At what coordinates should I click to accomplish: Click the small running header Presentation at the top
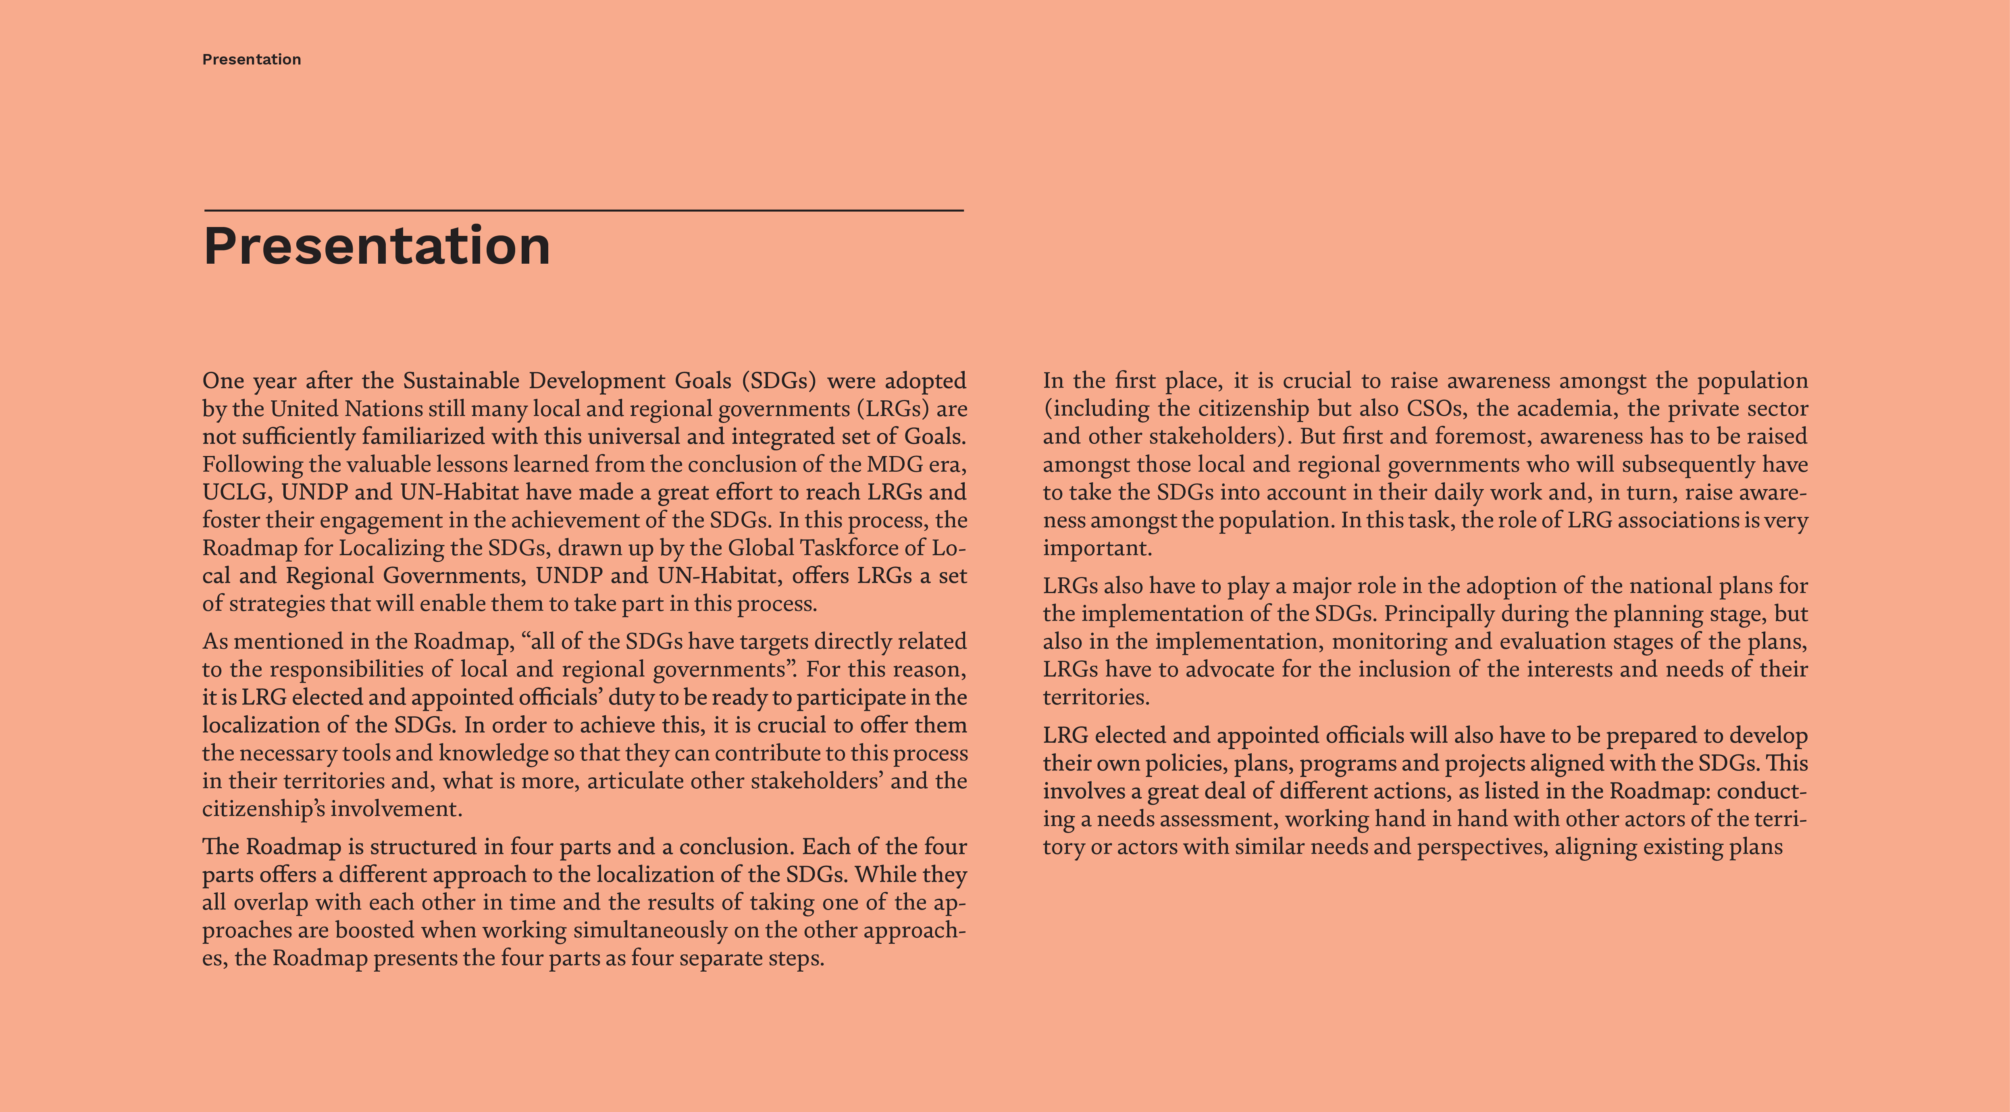pyautogui.click(x=251, y=59)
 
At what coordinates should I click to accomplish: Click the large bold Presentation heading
pyautogui.click(x=377, y=246)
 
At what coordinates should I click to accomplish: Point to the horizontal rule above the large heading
pyautogui.click(x=584, y=210)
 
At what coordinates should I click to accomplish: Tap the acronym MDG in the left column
pyautogui.click(x=894, y=464)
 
